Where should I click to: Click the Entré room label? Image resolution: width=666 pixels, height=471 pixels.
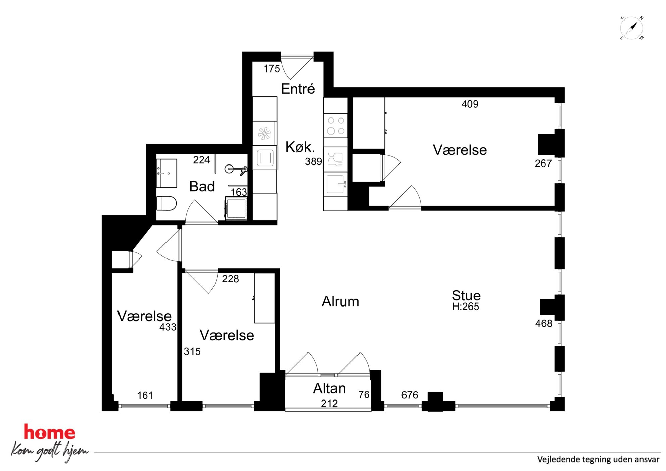(298, 89)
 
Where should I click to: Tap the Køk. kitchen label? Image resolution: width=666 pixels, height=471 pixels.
(300, 147)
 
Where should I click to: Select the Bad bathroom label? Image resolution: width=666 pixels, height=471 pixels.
(202, 186)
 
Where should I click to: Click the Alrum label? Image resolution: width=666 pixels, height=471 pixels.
(340, 301)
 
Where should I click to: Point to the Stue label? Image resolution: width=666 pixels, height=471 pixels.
(466, 296)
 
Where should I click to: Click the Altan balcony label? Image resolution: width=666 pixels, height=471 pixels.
(329, 388)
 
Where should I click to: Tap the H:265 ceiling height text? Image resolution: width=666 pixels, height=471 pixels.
(466, 307)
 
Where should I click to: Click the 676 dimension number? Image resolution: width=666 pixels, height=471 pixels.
(410, 395)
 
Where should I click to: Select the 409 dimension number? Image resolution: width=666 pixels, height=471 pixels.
(470, 104)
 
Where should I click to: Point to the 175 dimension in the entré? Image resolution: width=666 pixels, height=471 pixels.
(272, 69)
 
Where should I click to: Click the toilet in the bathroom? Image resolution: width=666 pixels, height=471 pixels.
(166, 203)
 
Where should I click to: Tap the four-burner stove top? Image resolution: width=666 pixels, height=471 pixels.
(336, 126)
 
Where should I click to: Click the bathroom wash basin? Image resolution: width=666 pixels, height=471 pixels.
(167, 173)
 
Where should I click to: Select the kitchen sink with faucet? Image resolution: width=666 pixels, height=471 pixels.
(336, 184)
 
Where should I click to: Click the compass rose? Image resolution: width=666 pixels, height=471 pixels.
(631, 28)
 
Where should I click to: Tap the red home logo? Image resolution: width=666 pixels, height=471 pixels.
(49, 433)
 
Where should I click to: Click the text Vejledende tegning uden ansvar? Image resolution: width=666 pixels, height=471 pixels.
(598, 459)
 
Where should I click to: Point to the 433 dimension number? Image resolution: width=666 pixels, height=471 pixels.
(168, 327)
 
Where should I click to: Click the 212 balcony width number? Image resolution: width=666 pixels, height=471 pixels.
(329, 404)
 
